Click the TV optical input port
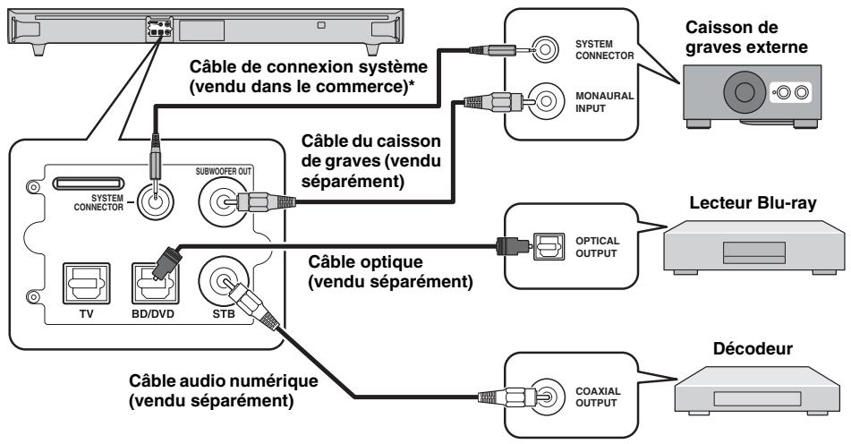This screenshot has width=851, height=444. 86,283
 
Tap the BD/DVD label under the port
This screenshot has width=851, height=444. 152,313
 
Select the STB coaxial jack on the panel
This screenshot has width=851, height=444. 223,280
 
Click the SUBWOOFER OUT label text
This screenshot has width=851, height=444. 224,172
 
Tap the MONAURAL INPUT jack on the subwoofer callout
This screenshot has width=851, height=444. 546,101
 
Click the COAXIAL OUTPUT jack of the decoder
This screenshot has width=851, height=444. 547,397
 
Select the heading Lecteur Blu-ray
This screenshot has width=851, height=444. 753,203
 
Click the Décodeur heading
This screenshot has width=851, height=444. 753,348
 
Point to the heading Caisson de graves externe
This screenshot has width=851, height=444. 746,37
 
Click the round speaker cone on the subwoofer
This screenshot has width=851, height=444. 745,92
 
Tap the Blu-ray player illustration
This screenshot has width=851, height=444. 754,247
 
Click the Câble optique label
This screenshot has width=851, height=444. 390,272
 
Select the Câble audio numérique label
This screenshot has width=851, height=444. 223,391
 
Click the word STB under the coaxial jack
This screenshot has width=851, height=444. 224,313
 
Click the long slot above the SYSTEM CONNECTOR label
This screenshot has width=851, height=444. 89,183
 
